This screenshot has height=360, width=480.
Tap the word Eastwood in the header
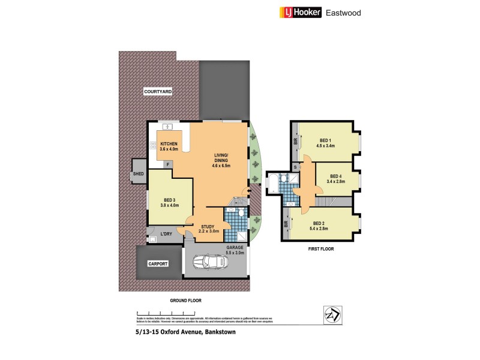(x=343, y=12)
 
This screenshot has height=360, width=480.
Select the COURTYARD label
(x=158, y=92)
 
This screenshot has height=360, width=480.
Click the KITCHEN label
(x=169, y=144)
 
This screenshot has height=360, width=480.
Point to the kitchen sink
(x=167, y=127)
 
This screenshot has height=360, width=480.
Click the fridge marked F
(x=168, y=164)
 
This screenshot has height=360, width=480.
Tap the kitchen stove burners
(x=153, y=145)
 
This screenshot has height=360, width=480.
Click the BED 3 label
(x=169, y=200)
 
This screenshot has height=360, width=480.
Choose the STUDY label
(x=208, y=226)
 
